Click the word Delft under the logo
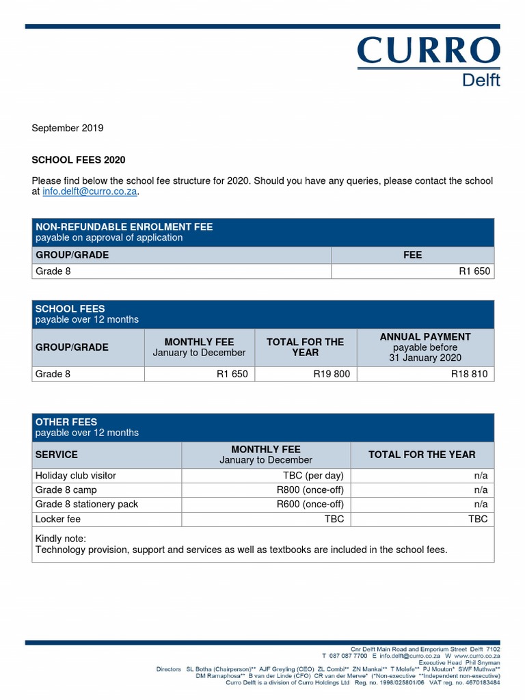click(481, 80)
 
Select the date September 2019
click(68, 128)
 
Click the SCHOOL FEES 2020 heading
click(79, 160)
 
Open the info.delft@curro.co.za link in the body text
click(90, 192)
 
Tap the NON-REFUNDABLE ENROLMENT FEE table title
click(124, 227)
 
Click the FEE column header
click(412, 255)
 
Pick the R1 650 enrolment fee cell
click(474, 271)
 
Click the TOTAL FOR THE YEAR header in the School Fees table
click(305, 347)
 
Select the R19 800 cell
click(331, 374)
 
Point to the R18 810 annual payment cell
click(469, 374)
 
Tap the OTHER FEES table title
click(66, 422)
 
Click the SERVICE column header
click(57, 455)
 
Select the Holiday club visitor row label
click(76, 475)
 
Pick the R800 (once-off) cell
click(310, 489)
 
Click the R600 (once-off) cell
click(310, 504)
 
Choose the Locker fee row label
click(58, 519)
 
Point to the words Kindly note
click(61, 539)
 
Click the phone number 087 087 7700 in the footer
click(348, 656)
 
